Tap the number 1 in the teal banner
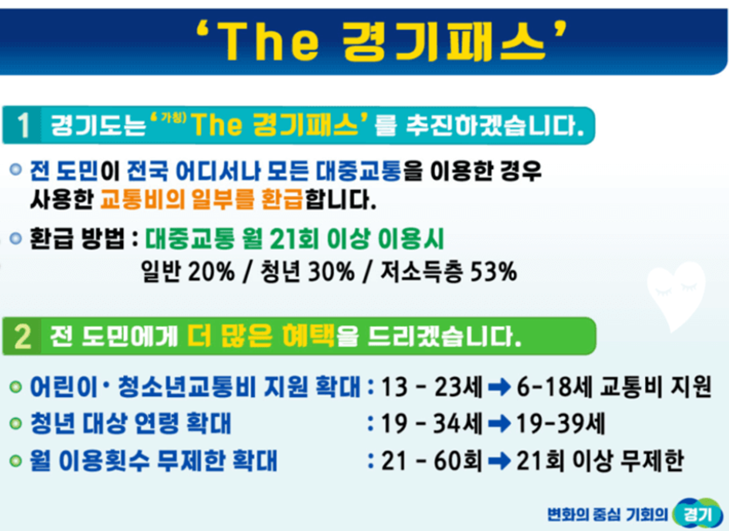pos(23,125)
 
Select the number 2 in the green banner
pos(23,337)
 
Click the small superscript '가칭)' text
pos(173,117)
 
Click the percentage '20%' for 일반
pos(211,271)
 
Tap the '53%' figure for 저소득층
pos(494,271)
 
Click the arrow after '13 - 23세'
pos(499,387)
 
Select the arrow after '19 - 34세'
pos(499,424)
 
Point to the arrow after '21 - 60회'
pos(499,461)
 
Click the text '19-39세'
pos(561,424)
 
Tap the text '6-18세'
pos(554,387)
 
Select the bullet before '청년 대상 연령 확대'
pos(16,424)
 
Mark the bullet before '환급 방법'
pos(16,238)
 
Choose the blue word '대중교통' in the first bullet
pos(358,171)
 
